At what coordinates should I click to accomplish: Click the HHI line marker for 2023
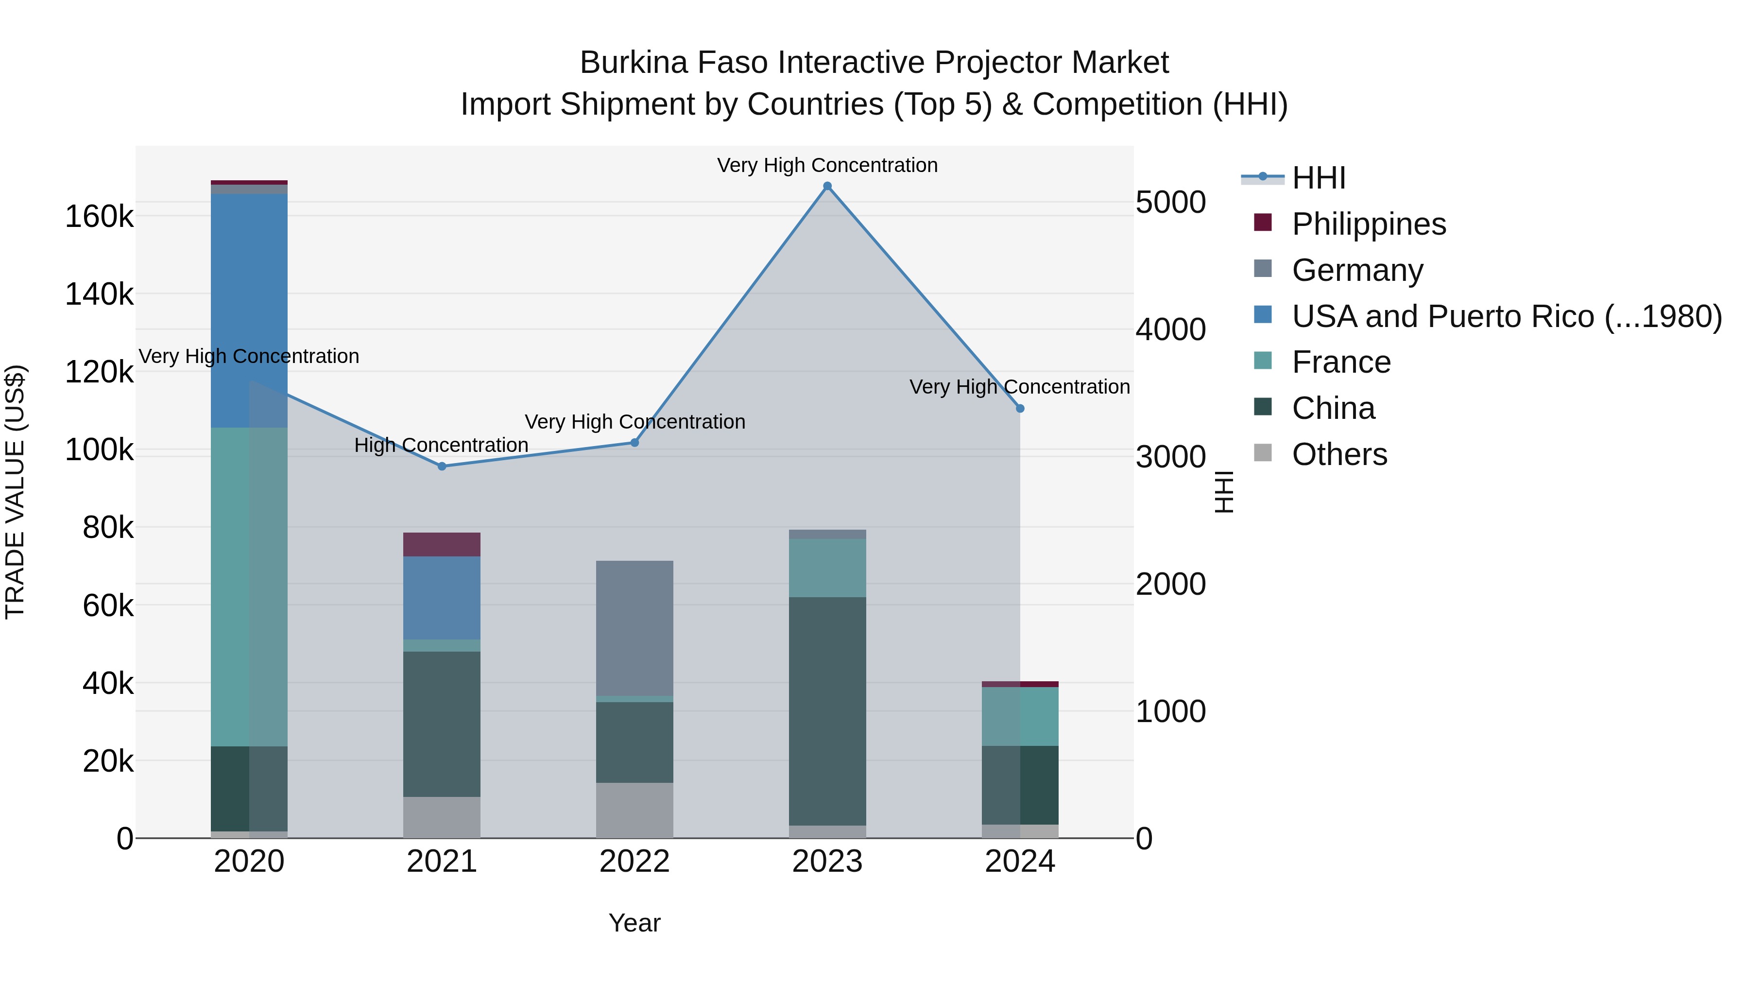(x=827, y=186)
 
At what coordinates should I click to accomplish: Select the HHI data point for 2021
(x=442, y=466)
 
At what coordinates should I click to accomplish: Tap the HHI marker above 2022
(x=635, y=443)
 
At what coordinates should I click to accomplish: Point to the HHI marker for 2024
(x=1020, y=409)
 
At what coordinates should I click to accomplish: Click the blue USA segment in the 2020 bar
(x=249, y=311)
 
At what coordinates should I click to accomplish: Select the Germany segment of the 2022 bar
(x=635, y=628)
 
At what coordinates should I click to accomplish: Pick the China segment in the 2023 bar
(x=827, y=711)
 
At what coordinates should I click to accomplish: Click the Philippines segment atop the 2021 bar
(x=442, y=545)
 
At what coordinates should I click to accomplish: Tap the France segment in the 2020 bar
(x=249, y=587)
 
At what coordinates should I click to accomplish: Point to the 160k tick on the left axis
(x=99, y=217)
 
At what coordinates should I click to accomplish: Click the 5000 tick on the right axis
(x=1170, y=202)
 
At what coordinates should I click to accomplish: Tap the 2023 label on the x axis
(x=827, y=862)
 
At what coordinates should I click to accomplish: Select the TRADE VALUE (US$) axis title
(x=15, y=492)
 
